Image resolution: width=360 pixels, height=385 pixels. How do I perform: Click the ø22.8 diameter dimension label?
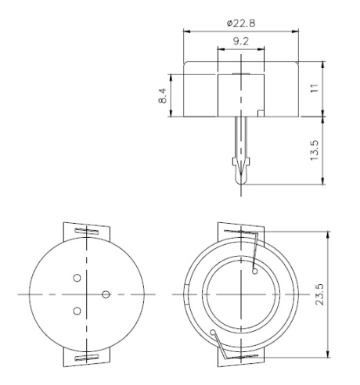click(x=240, y=22)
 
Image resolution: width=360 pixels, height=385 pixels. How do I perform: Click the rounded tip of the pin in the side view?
click(x=241, y=182)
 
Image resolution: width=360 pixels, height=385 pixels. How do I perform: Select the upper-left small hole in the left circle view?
click(x=77, y=278)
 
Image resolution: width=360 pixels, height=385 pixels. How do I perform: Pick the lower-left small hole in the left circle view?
click(x=77, y=311)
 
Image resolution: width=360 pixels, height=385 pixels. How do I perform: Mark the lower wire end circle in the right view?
click(x=215, y=333)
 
